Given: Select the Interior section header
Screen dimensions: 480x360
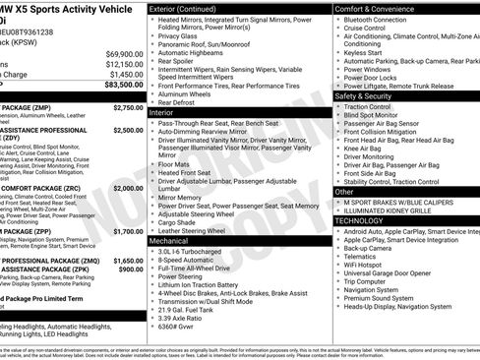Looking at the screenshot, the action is point(161,112).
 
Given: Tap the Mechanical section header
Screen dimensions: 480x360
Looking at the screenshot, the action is point(168,240).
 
